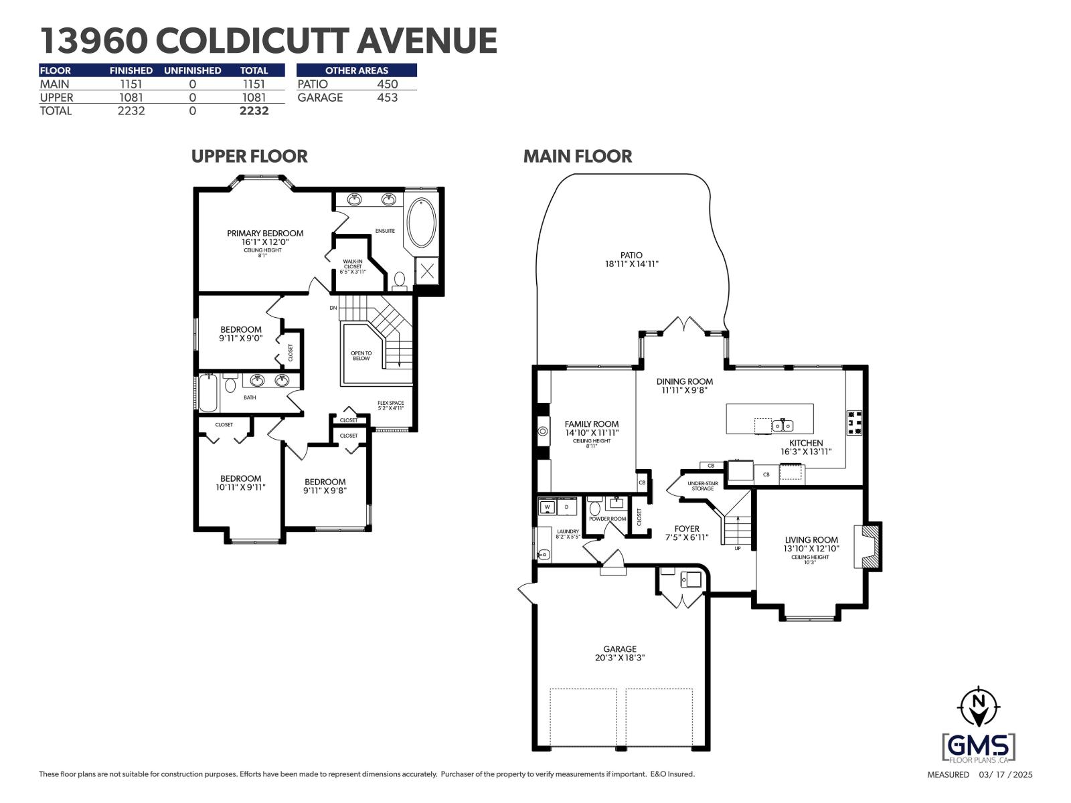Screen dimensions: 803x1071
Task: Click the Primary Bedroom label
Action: point(264,234)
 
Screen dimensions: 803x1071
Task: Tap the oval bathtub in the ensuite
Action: point(422,222)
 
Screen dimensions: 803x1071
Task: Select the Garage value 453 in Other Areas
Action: point(387,98)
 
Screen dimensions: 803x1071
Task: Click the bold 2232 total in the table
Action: point(254,111)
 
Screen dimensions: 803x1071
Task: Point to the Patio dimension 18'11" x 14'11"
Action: point(631,264)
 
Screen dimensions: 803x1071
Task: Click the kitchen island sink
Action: point(782,425)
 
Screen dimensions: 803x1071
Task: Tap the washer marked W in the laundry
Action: point(548,508)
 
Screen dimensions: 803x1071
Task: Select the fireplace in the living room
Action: point(868,545)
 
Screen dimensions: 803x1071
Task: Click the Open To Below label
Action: point(361,355)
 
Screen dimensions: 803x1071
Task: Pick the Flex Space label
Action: point(390,403)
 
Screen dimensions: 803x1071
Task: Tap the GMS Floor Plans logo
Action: point(978,747)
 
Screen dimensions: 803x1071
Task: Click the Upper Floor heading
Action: point(249,156)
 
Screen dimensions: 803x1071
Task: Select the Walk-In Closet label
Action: point(353,266)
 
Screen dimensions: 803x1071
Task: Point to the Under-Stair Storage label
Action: point(702,485)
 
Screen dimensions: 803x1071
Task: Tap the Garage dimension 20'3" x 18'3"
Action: point(619,658)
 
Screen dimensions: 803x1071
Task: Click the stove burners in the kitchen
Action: point(854,423)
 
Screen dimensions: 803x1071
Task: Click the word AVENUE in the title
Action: point(426,41)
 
